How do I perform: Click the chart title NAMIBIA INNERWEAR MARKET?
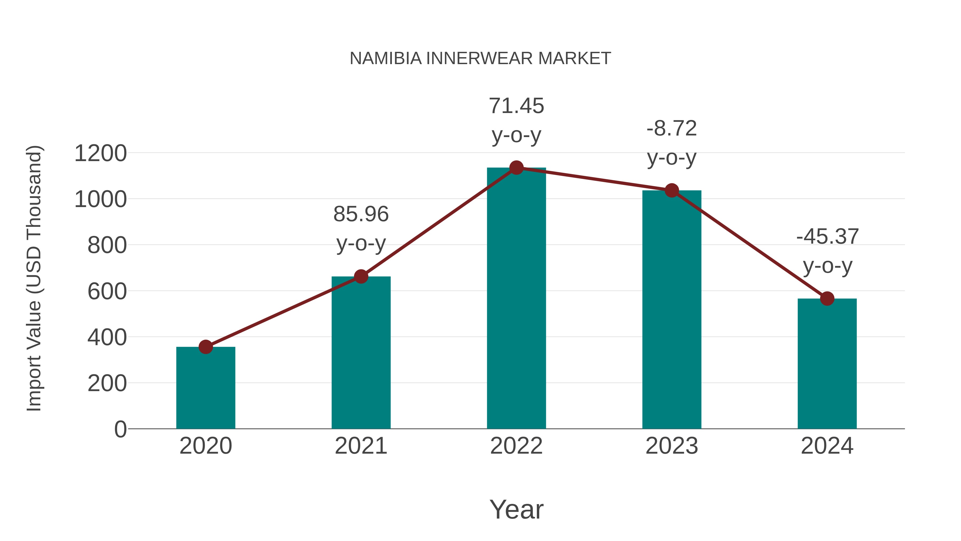pyautogui.click(x=480, y=59)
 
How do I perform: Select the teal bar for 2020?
pyautogui.click(x=206, y=388)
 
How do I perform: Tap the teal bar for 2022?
pyautogui.click(x=516, y=299)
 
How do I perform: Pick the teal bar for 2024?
pyautogui.click(x=827, y=364)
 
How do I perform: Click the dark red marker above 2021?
pyautogui.click(x=361, y=277)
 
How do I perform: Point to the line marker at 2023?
pyautogui.click(x=672, y=190)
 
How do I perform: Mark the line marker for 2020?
pyautogui.click(x=206, y=347)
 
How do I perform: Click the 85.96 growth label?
pyautogui.click(x=361, y=214)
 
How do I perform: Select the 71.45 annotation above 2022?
pyautogui.click(x=516, y=106)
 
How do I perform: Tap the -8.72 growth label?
pyautogui.click(x=672, y=129)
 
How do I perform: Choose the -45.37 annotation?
pyautogui.click(x=827, y=237)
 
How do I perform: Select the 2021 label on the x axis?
pyautogui.click(x=361, y=446)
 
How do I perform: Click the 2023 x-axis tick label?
pyautogui.click(x=672, y=446)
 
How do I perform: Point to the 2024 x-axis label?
pyautogui.click(x=827, y=446)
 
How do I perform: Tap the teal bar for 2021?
pyautogui.click(x=361, y=353)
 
